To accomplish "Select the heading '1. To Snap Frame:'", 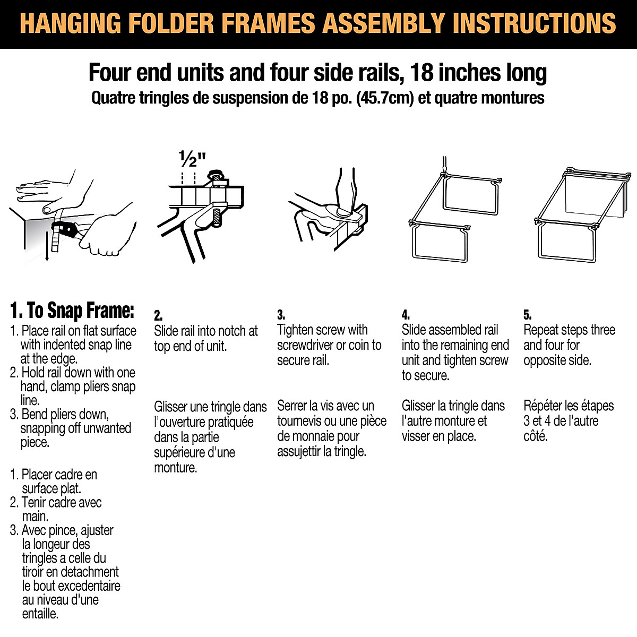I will pos(72,310).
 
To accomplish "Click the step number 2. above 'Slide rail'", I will pos(158,315).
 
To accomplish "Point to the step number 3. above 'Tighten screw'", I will pos(281,315).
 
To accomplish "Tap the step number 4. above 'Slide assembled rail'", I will pos(406,315).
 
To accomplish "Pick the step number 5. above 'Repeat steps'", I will pos(527,315).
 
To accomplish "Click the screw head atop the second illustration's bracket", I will pos(216,175).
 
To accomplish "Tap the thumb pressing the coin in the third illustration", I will pos(342,196).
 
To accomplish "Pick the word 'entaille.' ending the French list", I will pos(40,614).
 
